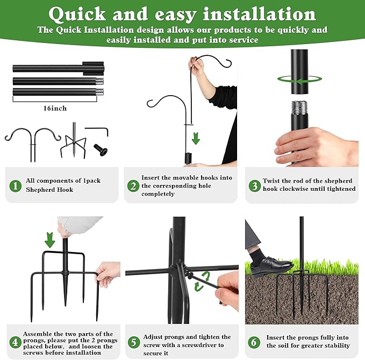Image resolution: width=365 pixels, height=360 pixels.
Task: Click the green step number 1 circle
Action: [16, 186]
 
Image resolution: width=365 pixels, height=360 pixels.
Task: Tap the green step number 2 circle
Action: [133, 186]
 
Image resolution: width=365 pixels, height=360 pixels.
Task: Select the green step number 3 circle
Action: [254, 185]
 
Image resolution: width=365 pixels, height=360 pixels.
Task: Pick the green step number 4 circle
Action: [15, 342]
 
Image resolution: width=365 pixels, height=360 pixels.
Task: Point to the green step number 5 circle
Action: [134, 342]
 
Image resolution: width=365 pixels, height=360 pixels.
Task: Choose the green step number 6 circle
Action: [254, 342]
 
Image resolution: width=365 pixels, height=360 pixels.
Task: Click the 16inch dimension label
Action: [55, 108]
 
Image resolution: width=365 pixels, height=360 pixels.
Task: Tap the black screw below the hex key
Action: [101, 149]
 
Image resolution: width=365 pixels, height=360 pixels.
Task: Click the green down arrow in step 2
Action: [196, 139]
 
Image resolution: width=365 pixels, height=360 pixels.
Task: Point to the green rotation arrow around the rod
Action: [299, 80]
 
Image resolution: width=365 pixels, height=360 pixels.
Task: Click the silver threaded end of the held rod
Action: [299, 108]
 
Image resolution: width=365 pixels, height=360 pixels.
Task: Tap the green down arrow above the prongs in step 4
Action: [49, 240]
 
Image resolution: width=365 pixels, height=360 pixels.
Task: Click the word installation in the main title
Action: [259, 14]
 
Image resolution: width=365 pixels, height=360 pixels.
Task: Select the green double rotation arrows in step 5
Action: [202, 282]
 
